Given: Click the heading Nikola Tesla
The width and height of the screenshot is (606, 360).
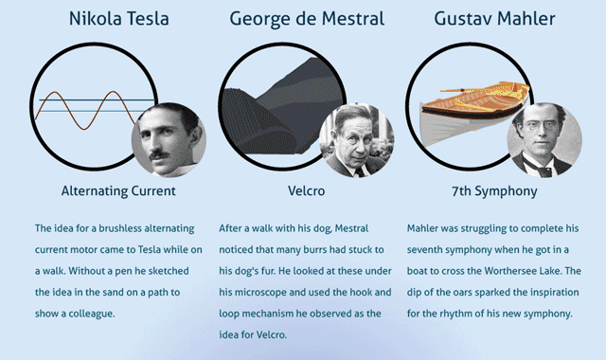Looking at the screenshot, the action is tap(119, 19).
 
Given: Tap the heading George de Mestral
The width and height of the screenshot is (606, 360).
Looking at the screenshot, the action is tap(307, 19).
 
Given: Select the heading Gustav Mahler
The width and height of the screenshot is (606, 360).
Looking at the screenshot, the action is tap(494, 19).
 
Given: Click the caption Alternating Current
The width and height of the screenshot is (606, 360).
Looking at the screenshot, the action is tap(118, 191).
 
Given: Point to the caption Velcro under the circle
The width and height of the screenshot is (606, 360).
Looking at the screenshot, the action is tap(307, 191).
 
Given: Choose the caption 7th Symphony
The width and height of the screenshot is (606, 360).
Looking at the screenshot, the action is tap(494, 191).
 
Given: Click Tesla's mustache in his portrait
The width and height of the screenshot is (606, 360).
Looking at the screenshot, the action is tap(159, 154).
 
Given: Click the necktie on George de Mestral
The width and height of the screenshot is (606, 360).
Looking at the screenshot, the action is tap(360, 171).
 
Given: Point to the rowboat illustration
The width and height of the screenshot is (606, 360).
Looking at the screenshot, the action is tap(474, 112).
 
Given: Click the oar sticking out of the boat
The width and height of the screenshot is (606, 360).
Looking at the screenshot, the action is tap(460, 91).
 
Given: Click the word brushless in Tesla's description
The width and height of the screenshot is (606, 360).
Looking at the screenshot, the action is tap(120, 228).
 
